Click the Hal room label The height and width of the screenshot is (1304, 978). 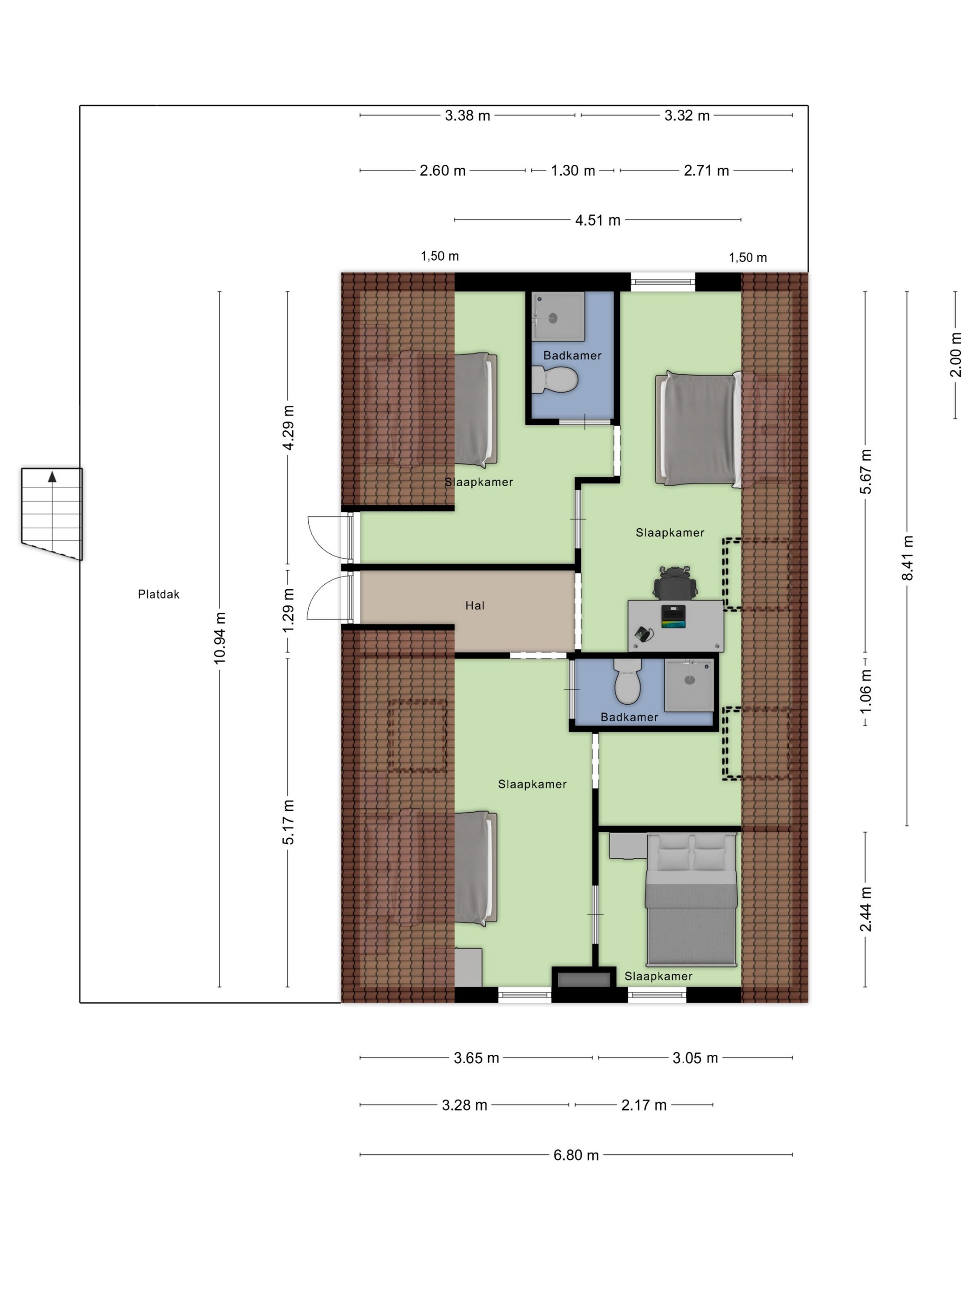coord(475,605)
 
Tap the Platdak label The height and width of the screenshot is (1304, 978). coord(159,594)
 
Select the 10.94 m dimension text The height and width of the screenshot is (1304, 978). coord(220,638)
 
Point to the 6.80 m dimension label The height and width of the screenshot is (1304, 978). coord(576,1155)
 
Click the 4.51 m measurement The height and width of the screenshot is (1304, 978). coord(598,220)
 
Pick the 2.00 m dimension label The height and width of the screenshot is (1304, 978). coord(956,355)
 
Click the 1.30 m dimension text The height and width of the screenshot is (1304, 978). coord(573,171)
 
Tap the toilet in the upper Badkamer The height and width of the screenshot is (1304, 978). coord(554,380)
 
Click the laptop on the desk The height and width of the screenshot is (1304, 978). coord(673,617)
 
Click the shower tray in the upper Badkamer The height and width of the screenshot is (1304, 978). coord(558,317)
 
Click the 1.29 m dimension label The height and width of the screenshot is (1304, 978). coord(288,610)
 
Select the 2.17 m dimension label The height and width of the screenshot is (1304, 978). coord(644,1105)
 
